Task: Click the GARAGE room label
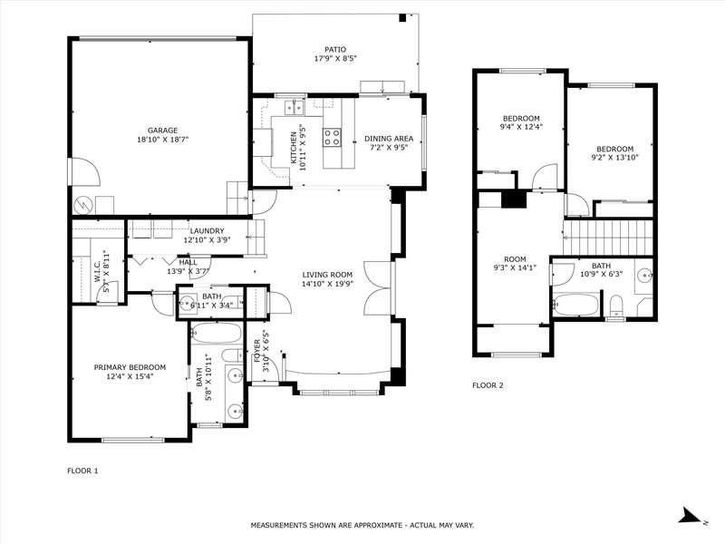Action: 163,131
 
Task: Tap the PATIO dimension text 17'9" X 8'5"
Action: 334,59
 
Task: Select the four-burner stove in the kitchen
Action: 332,137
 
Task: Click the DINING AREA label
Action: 389,139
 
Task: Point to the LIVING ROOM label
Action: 327,275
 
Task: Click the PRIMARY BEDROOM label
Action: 130,367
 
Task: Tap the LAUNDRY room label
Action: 207,231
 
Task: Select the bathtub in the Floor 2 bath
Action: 575,305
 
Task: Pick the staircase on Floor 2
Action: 607,238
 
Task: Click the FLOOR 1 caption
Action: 82,471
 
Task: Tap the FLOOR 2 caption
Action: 488,385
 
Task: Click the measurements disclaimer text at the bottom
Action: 362,525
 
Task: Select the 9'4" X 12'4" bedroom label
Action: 520,122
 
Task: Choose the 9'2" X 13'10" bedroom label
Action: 615,153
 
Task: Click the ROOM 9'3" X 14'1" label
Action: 515,263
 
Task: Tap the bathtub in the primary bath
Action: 217,333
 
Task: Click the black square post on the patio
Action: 402,18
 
